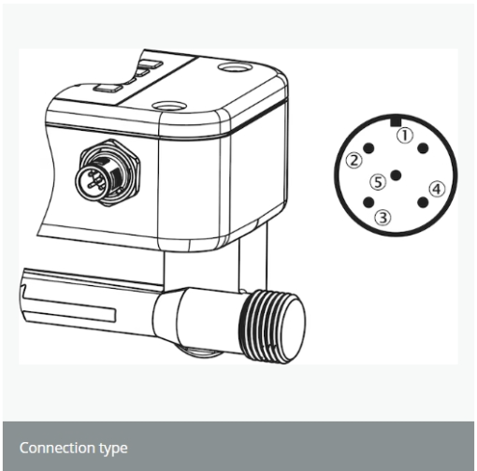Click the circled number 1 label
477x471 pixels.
point(405,136)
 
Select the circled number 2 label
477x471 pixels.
point(354,161)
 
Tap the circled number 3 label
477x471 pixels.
point(383,218)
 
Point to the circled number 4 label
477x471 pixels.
point(437,189)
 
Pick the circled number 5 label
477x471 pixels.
point(378,182)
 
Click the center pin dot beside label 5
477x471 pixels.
point(396,176)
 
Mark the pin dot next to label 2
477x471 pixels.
point(369,149)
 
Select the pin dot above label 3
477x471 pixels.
point(369,203)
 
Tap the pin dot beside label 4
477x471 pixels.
point(423,203)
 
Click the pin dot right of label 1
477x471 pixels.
point(423,149)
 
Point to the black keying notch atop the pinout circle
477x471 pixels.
point(396,121)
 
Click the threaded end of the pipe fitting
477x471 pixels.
point(272,326)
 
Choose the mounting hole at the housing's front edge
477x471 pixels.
point(170,106)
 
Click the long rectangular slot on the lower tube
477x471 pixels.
point(69,309)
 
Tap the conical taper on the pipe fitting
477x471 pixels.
point(166,314)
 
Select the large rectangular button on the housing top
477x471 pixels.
point(108,88)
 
